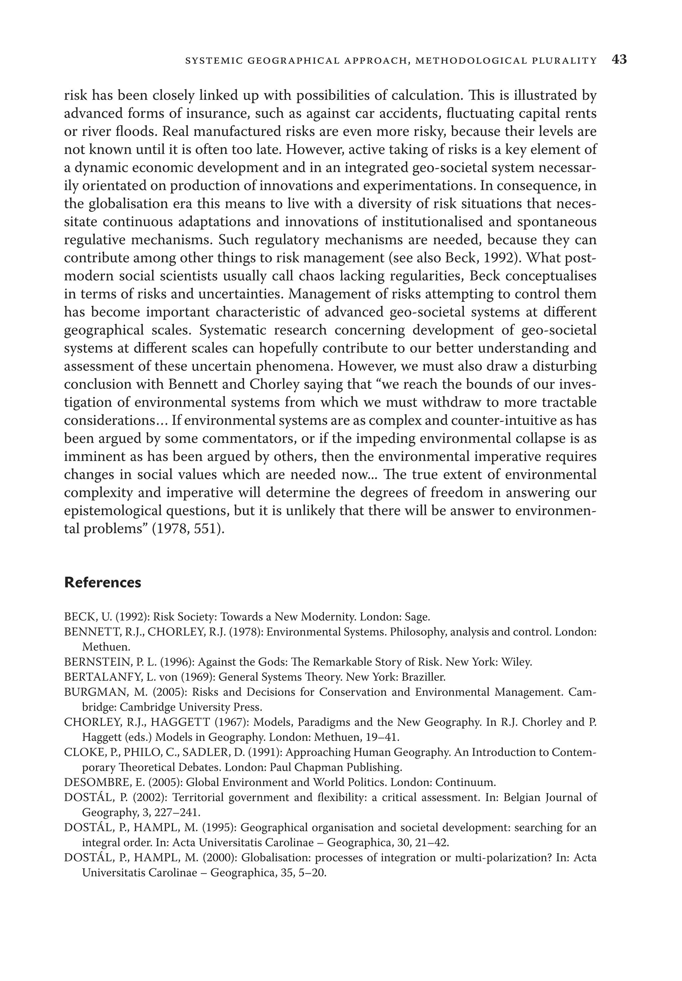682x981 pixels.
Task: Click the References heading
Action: [103, 583]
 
